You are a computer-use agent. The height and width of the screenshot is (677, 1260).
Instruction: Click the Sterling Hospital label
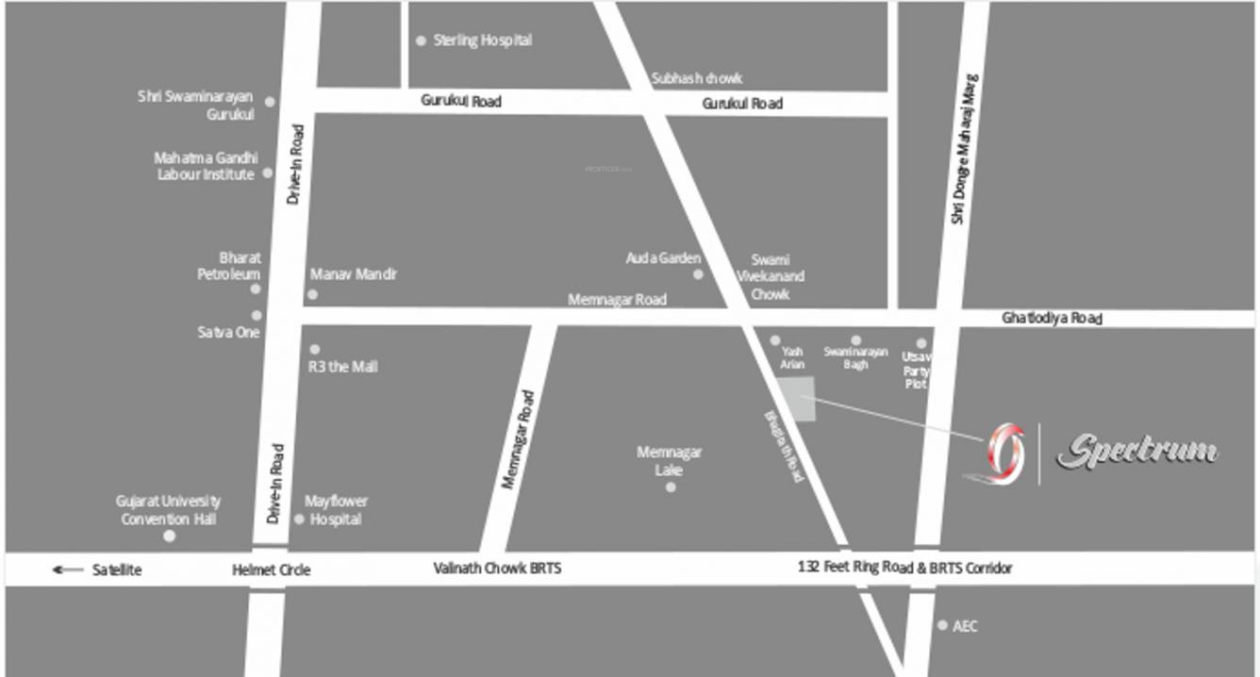(x=482, y=41)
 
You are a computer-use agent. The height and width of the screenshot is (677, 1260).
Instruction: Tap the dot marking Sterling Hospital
(x=421, y=41)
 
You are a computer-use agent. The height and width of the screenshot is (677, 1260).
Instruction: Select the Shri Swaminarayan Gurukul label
(x=196, y=105)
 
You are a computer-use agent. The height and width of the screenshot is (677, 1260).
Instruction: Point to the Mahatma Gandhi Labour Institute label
(x=206, y=166)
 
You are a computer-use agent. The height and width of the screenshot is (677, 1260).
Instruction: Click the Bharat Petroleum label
(x=229, y=265)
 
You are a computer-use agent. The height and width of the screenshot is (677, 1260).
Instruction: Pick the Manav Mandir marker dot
(x=312, y=294)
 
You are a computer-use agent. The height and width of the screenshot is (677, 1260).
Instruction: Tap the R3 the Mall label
(x=343, y=366)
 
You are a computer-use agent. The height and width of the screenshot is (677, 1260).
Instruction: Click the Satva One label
(x=228, y=332)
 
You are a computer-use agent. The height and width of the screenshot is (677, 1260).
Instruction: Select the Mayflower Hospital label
(x=336, y=510)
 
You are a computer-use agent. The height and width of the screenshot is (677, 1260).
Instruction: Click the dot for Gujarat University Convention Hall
(x=170, y=536)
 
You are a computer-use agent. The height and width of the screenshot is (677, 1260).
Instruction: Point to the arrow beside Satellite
(x=68, y=570)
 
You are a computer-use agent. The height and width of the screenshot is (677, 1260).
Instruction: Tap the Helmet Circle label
(x=271, y=570)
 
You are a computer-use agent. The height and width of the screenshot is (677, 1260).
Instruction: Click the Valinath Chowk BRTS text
(x=497, y=569)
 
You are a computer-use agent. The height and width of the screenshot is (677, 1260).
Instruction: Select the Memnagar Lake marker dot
(x=671, y=487)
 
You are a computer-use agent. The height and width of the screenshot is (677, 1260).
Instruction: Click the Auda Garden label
(x=663, y=257)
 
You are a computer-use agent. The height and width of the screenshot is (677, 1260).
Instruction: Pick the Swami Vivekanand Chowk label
(x=771, y=276)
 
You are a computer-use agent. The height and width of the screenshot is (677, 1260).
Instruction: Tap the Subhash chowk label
(x=697, y=78)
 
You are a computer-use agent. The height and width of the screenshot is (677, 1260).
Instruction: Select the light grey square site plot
(x=796, y=399)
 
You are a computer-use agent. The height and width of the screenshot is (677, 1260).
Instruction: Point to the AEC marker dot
(x=942, y=625)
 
